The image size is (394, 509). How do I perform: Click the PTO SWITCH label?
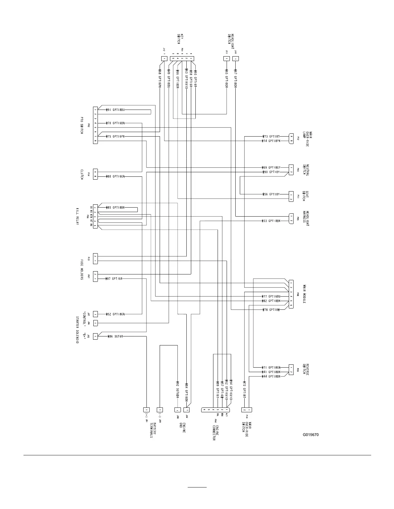(82, 125)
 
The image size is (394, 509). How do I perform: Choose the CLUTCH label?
(82, 174)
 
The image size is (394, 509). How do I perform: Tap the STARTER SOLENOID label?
(77, 330)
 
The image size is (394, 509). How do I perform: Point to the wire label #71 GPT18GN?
(271, 367)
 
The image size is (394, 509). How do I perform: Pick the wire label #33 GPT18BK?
(271, 221)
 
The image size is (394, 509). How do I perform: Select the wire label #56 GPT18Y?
(271, 194)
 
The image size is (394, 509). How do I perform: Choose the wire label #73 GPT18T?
(272, 137)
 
